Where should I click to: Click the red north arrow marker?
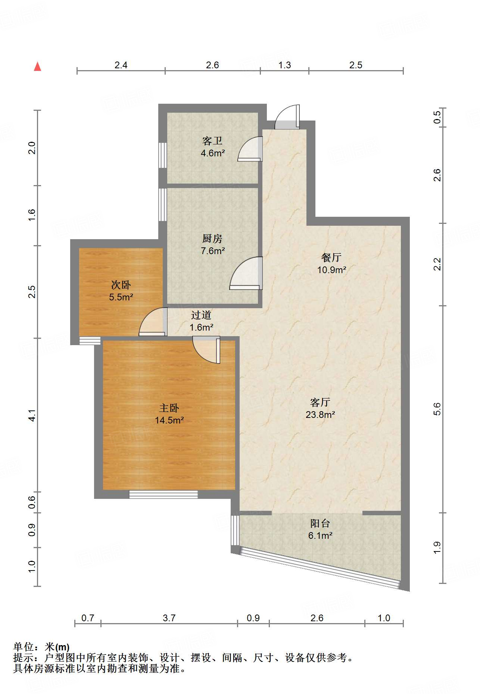[37, 66]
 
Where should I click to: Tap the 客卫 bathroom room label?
[212, 141]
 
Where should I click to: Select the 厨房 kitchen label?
[212, 238]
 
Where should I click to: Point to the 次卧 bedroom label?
[121, 285]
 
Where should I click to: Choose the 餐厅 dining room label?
[331, 257]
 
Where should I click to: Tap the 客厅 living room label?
[320, 402]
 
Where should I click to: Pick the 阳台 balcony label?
[320, 523]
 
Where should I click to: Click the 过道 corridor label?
[201, 315]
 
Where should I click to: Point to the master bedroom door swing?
[206, 350]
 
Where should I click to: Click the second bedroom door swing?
[153, 321]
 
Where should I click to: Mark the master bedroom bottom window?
[163, 494]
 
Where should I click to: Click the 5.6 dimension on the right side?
[437, 409]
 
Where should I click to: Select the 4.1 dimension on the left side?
[32, 415]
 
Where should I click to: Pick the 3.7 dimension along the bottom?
[169, 618]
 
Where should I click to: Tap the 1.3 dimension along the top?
[284, 65]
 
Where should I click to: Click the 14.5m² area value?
[169, 420]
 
